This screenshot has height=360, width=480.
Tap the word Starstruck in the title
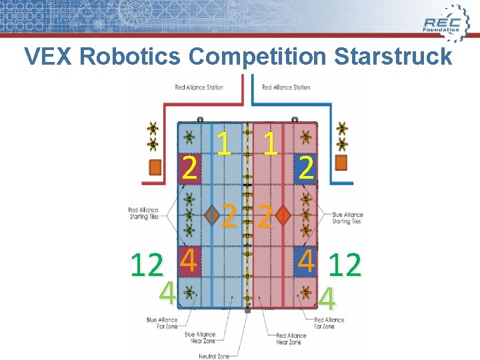click(393, 57)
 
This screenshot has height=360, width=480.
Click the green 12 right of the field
click(345, 265)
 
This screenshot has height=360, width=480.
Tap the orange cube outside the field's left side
click(155, 167)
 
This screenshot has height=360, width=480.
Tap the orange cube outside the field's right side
click(341, 163)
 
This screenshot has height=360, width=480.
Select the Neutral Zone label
click(213, 356)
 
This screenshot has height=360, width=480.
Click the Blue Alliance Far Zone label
click(161, 323)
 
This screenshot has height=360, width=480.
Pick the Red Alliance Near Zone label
click(290, 339)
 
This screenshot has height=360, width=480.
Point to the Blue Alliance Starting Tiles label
click(347, 218)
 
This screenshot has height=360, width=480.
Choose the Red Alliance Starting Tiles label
click(143, 213)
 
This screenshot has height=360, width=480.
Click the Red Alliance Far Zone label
click(329, 323)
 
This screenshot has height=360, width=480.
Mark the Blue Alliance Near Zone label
click(200, 337)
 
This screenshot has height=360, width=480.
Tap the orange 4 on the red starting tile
click(189, 261)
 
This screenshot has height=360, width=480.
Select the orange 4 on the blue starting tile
click(306, 261)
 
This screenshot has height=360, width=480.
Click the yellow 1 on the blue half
click(225, 143)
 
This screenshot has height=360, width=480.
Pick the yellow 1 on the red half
click(270, 143)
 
